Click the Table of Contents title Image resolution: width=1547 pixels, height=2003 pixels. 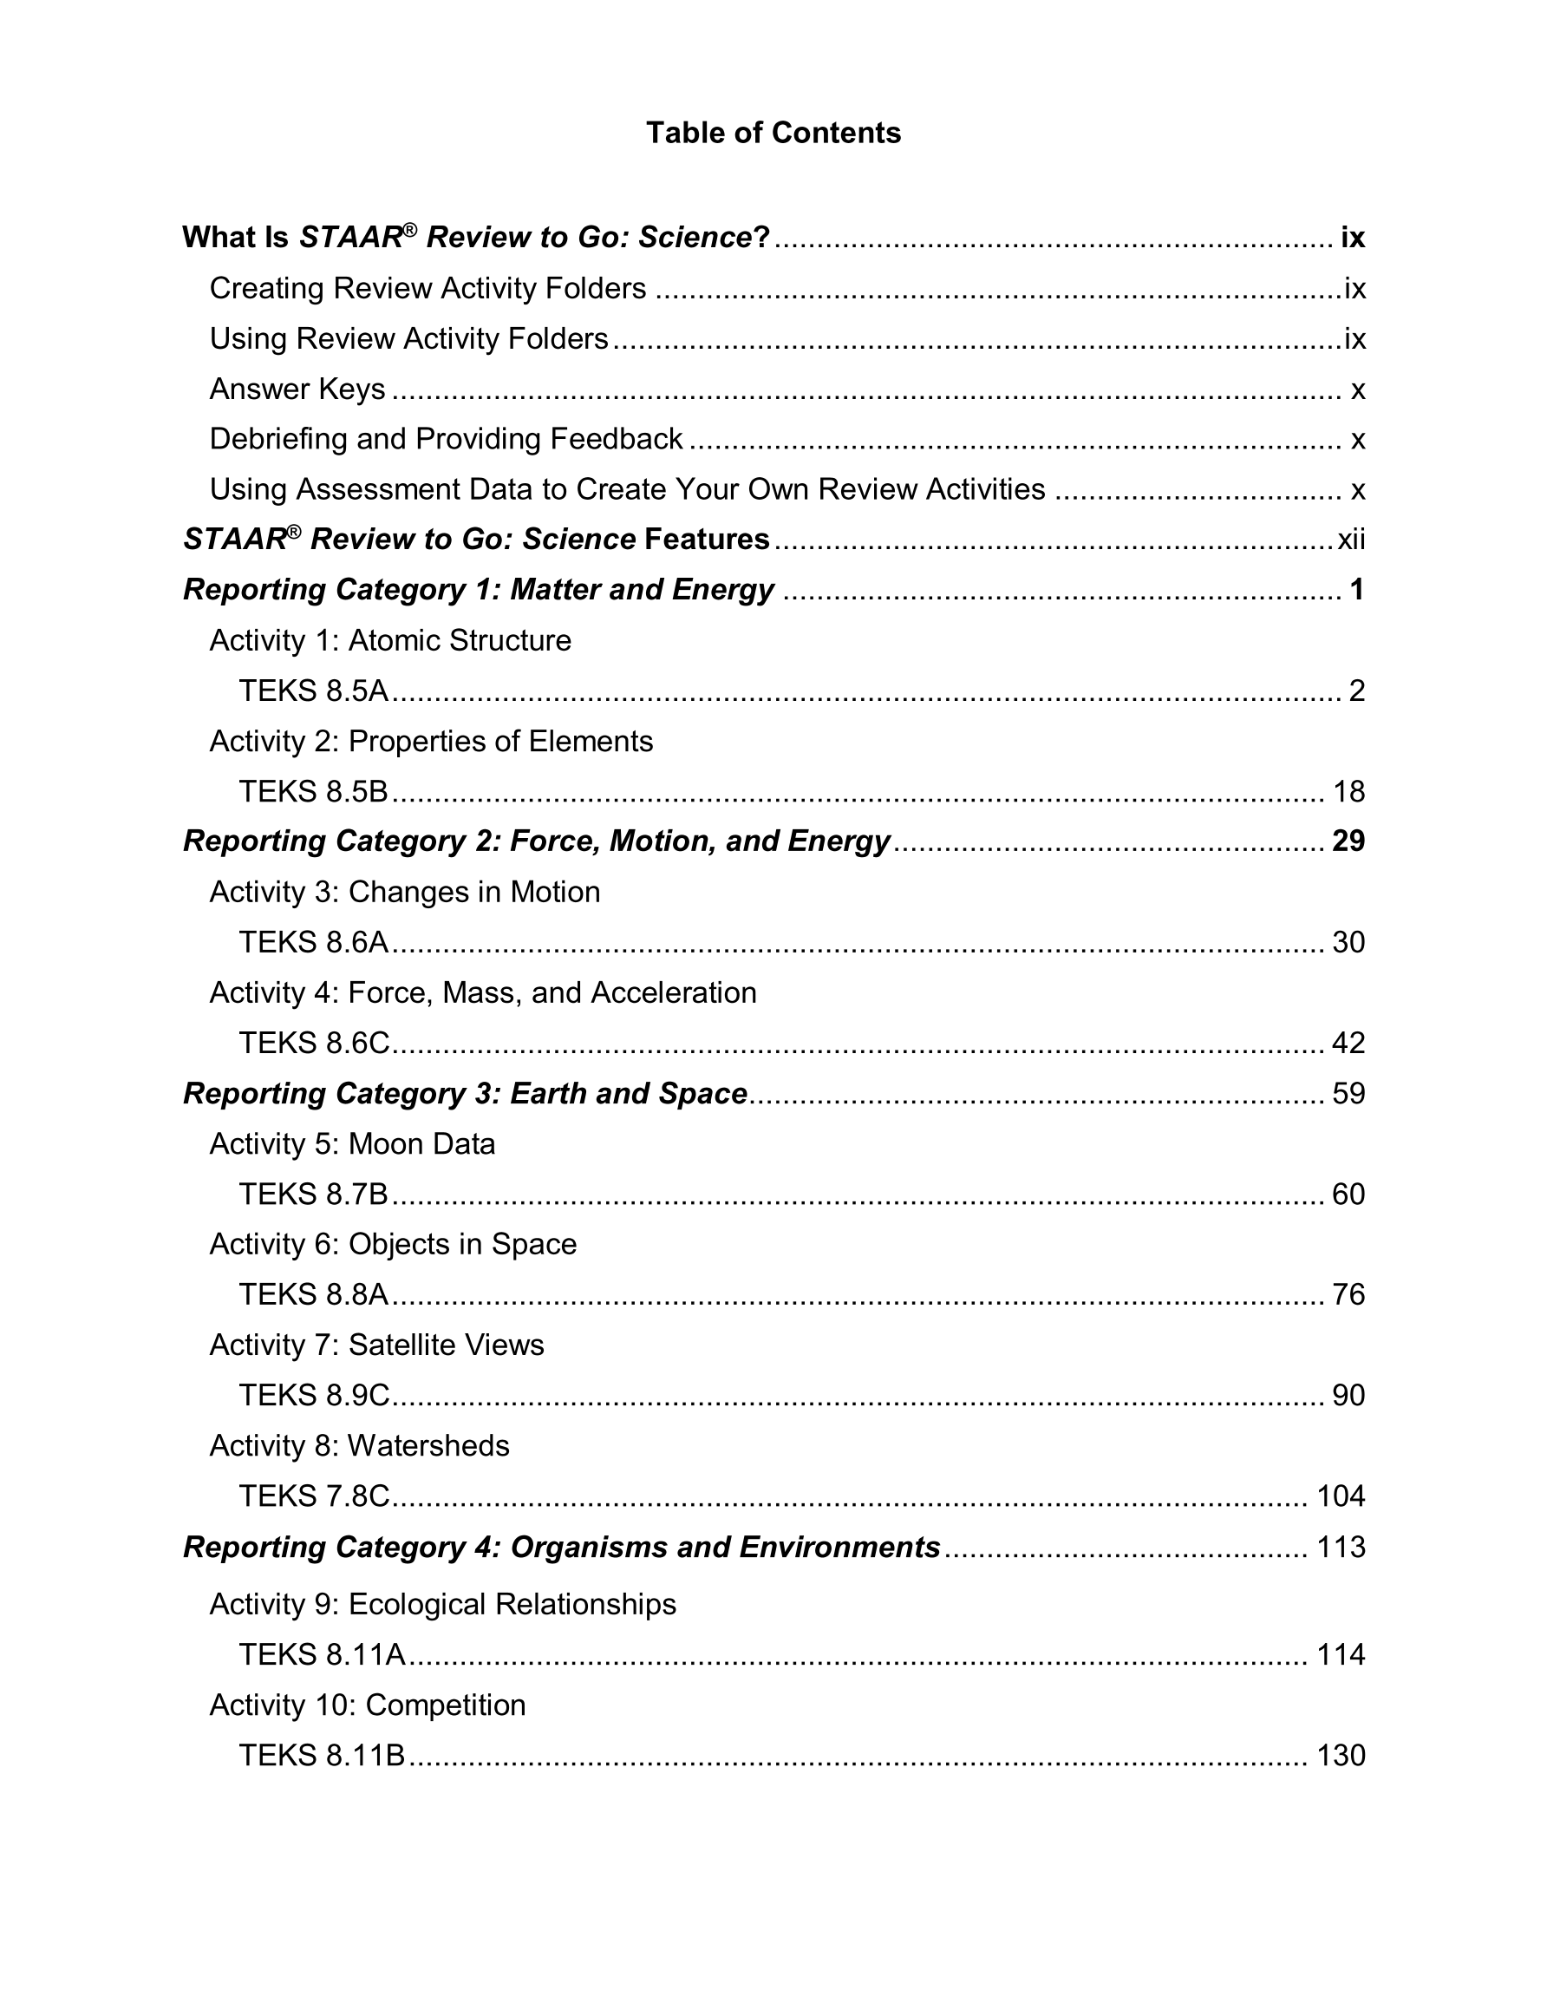pos(773,133)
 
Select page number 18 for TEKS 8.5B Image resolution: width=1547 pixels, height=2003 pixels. pos(1348,791)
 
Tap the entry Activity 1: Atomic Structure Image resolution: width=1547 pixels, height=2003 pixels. pos(389,640)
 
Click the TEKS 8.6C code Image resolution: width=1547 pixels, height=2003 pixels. pos(314,1043)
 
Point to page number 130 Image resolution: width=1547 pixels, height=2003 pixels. pos(1341,1754)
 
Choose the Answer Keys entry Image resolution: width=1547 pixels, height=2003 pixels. pos(297,389)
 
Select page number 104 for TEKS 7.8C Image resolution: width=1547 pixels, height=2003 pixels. pos(1341,1496)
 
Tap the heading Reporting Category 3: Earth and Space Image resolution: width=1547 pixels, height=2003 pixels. pos(465,1093)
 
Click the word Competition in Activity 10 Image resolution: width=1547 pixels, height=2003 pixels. pos(446,1704)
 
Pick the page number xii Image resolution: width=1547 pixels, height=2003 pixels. pos(1352,540)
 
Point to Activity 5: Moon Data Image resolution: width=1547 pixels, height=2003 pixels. pos(352,1143)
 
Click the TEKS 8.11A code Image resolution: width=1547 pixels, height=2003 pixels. pos(321,1653)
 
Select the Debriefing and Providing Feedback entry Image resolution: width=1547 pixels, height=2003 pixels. pos(446,438)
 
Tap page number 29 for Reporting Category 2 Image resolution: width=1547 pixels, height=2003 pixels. pos(1348,841)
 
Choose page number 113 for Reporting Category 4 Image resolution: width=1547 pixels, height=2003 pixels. pos(1341,1546)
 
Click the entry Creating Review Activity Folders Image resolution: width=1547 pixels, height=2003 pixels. pos(428,288)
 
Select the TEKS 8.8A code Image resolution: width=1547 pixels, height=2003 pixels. pos(314,1294)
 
